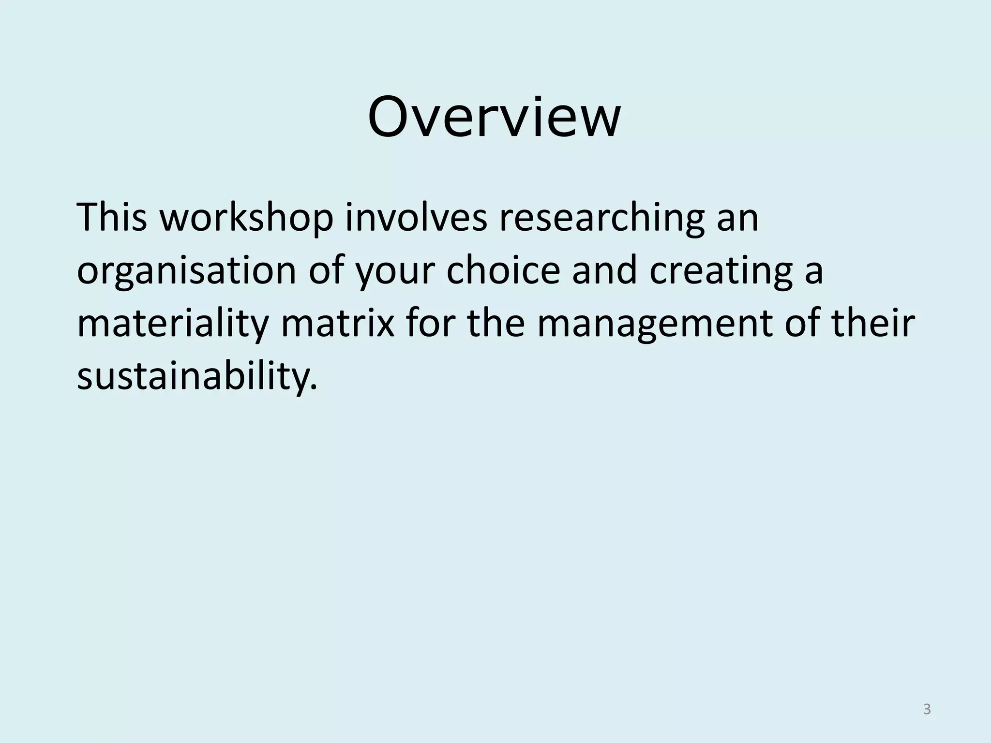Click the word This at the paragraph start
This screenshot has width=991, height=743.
click(x=112, y=217)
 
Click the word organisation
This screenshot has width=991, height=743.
click(x=187, y=271)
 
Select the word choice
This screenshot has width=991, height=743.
click(x=503, y=270)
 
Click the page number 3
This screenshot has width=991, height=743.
click(x=927, y=710)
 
